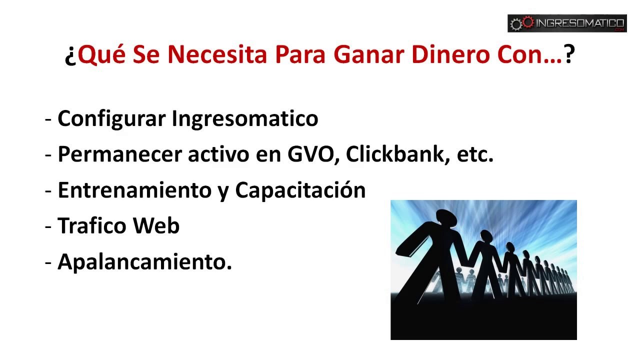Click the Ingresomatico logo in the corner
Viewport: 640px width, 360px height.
[567, 23]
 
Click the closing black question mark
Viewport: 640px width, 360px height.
[569, 55]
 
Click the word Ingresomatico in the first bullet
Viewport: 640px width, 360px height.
[245, 119]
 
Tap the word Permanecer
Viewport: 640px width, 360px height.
[120, 155]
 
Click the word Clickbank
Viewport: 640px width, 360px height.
[395, 155]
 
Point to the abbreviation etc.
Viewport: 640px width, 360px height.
[475, 155]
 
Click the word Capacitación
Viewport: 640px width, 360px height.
[300, 190]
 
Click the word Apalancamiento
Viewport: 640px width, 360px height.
[144, 261]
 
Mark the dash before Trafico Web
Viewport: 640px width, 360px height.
[48, 227]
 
